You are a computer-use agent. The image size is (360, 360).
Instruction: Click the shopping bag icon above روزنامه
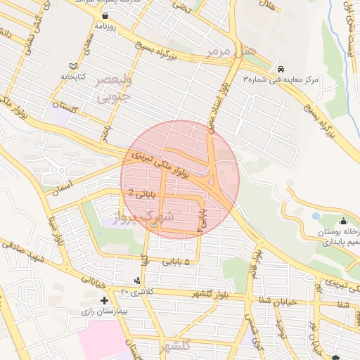coord(105,15)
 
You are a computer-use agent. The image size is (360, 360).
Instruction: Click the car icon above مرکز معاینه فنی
coord(281,70)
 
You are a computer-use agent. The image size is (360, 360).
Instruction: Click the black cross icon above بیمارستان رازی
coord(105,301)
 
